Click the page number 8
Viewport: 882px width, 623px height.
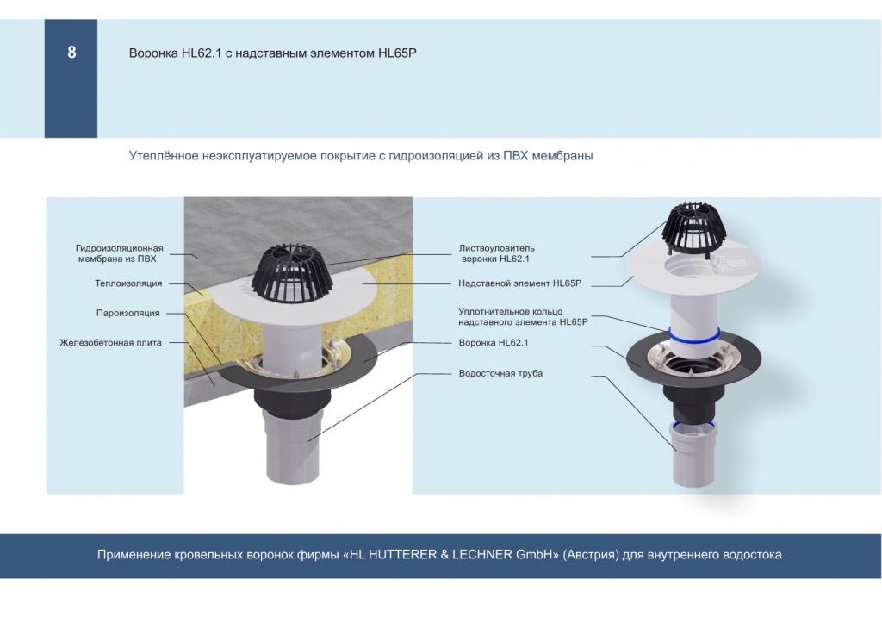coord(71,53)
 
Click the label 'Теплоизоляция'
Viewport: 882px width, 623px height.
coord(128,283)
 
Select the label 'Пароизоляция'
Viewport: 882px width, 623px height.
coord(127,313)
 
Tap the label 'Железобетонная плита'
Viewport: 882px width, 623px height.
coord(110,343)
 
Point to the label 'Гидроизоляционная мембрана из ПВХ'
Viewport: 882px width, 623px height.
coord(119,253)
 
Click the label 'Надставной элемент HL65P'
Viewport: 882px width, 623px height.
coord(519,283)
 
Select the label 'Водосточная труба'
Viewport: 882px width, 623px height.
coord(500,373)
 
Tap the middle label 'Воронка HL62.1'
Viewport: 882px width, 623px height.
coord(494,343)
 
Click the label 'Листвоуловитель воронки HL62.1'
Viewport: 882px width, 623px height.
coord(496,253)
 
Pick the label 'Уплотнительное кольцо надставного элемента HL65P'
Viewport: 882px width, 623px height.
coord(523,316)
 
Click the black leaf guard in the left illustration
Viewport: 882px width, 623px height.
coord(291,274)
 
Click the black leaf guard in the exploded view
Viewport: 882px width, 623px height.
coord(694,228)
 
